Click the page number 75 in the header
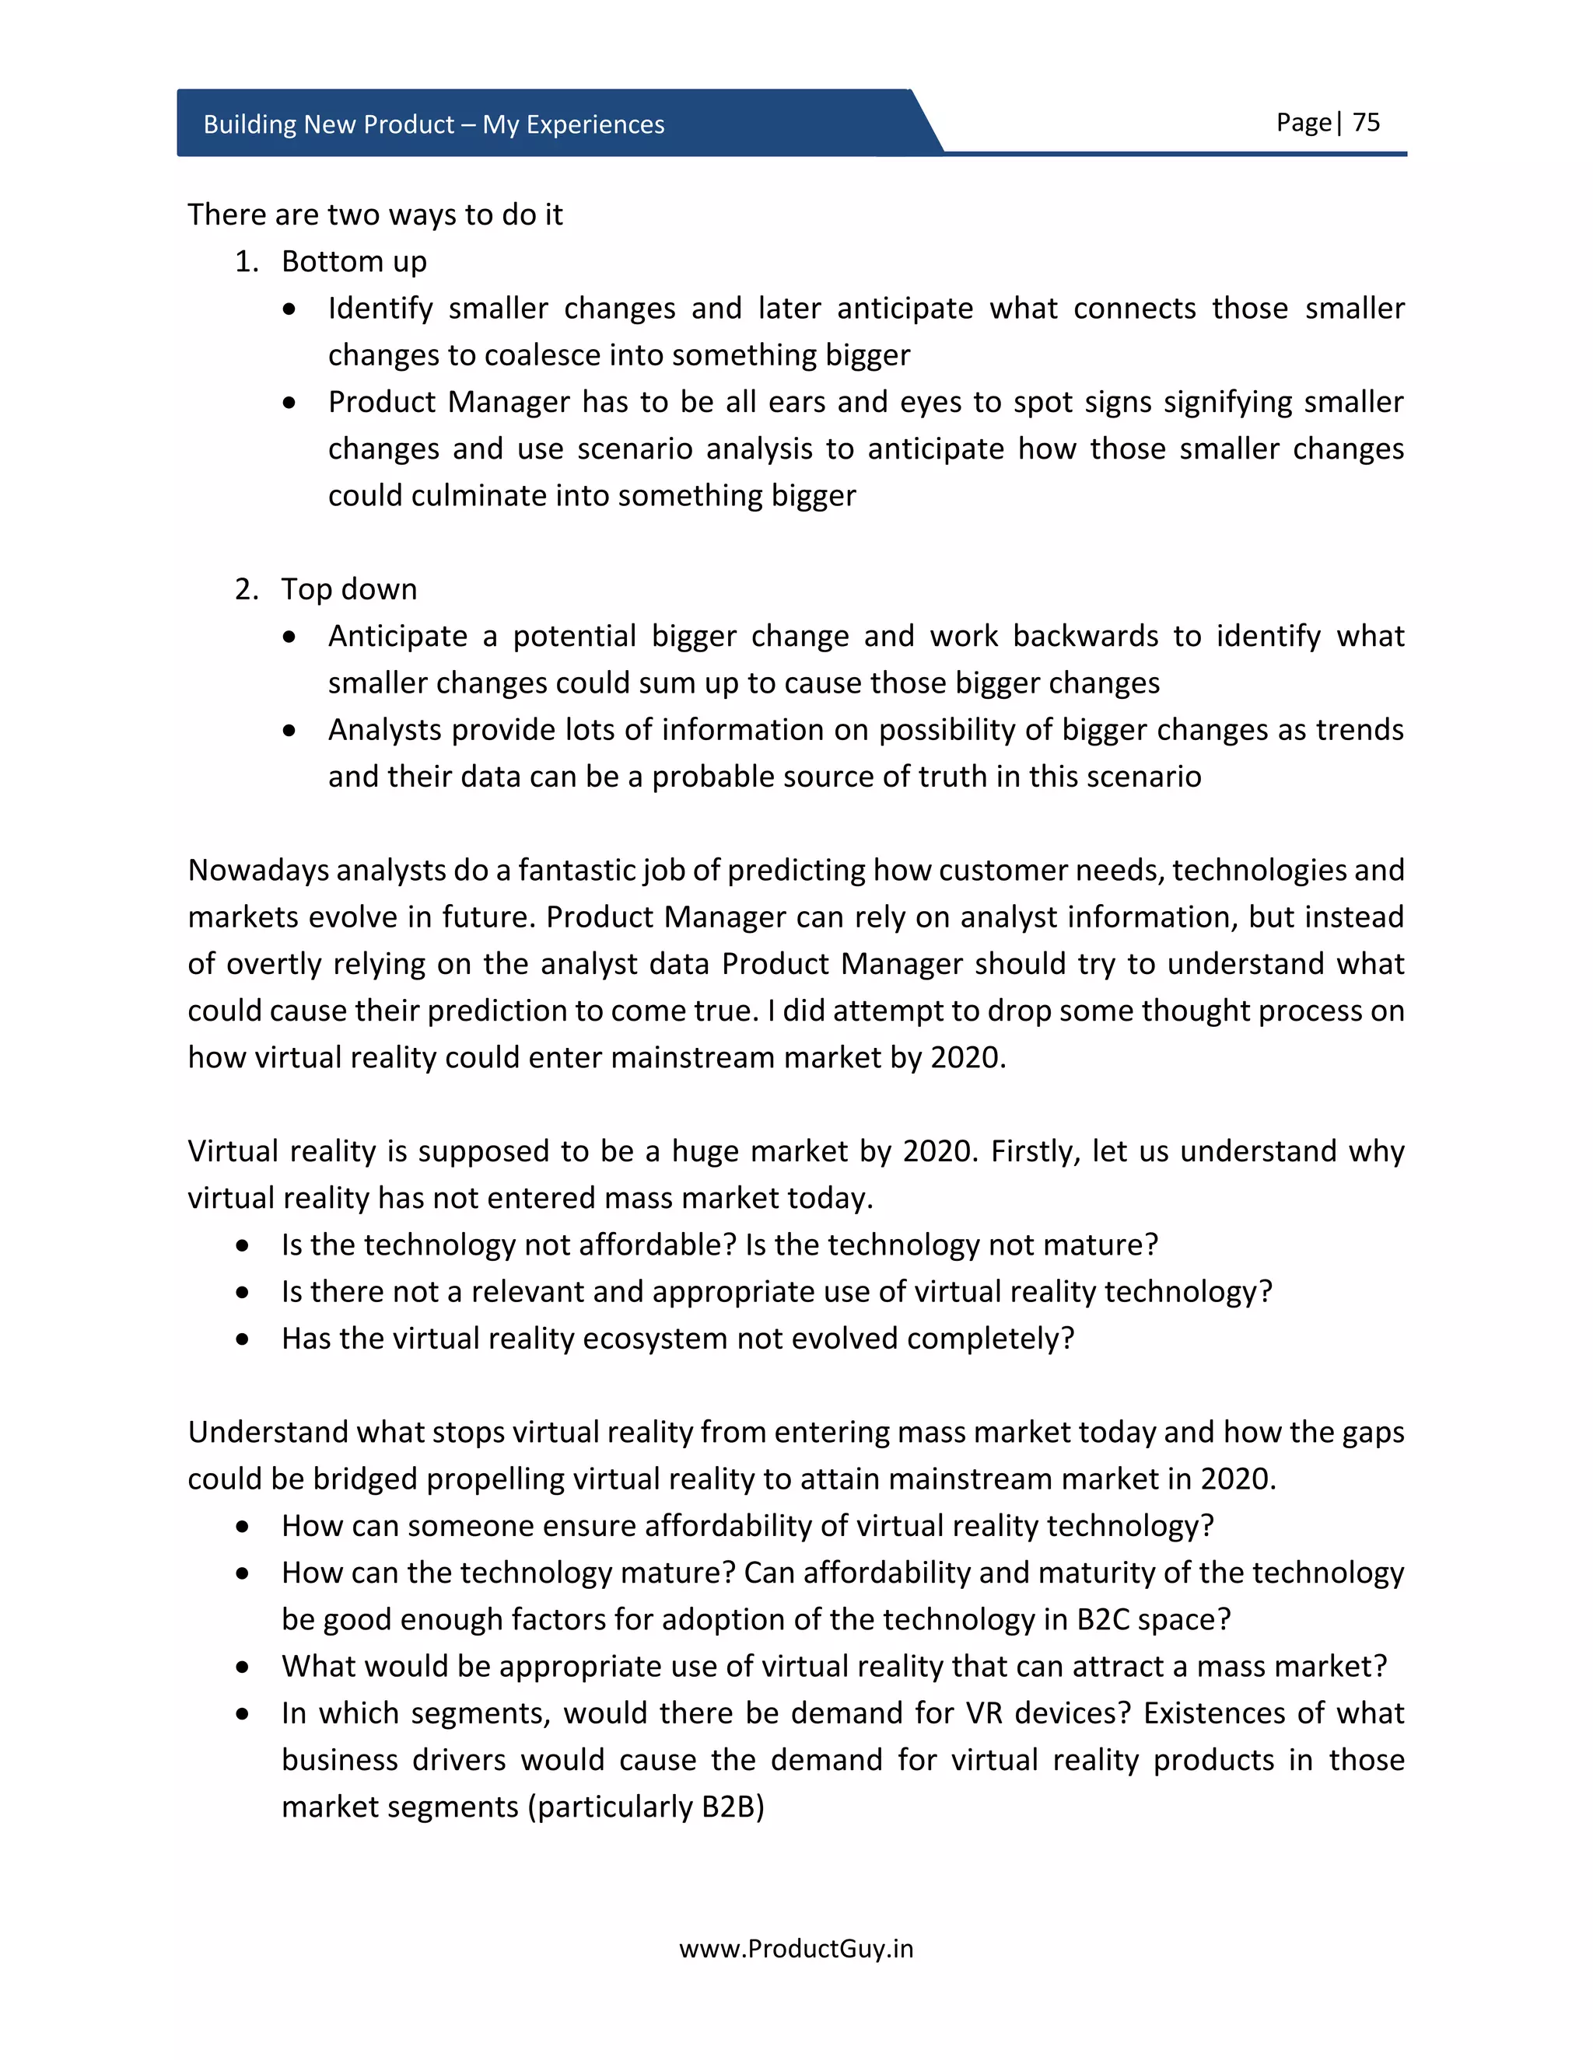point(1366,123)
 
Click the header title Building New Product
point(328,124)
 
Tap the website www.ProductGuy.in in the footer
point(796,1948)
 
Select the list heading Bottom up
point(354,261)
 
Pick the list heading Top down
point(348,589)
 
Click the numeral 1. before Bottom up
point(247,261)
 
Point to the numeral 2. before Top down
point(247,589)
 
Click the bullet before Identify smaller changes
point(289,309)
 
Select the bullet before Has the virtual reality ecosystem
point(243,1339)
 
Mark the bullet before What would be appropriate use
point(243,1667)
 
